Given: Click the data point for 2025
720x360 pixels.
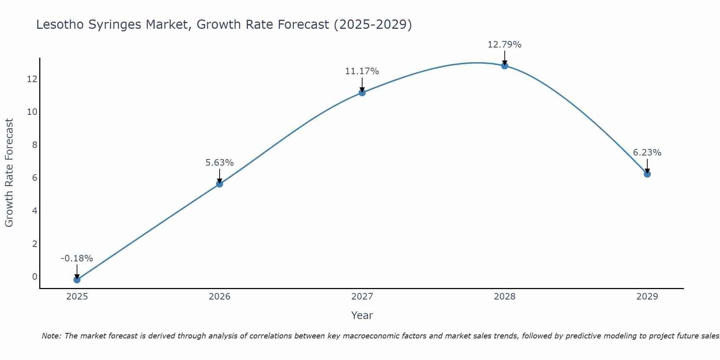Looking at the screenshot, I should pos(77,280).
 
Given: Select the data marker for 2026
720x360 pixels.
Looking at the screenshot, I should pos(220,184).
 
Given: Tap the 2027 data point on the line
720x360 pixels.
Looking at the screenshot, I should pos(362,93).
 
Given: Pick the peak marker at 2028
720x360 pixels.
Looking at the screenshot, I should pos(505,66).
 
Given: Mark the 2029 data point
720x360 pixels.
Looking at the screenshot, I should pos(647,174).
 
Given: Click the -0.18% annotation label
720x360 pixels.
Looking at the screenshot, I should pos(77,258).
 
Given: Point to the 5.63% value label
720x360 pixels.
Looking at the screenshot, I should pos(220,163).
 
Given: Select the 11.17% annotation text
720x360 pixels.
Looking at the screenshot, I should pos(362,71).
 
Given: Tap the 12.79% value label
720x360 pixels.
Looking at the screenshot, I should pos(505,45).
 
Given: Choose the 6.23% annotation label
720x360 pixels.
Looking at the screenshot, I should pos(647,153).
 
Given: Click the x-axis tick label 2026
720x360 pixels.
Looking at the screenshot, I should pos(220,297).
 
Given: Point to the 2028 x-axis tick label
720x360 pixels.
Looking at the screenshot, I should pos(505,297).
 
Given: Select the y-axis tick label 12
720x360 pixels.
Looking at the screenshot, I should pos(32,79).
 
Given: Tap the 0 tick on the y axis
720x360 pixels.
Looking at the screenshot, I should pos(35,276).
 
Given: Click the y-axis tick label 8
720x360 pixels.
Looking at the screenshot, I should pos(35,145).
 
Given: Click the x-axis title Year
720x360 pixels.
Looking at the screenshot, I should pos(362,315).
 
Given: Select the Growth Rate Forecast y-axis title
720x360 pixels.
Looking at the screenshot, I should pos(9,173).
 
